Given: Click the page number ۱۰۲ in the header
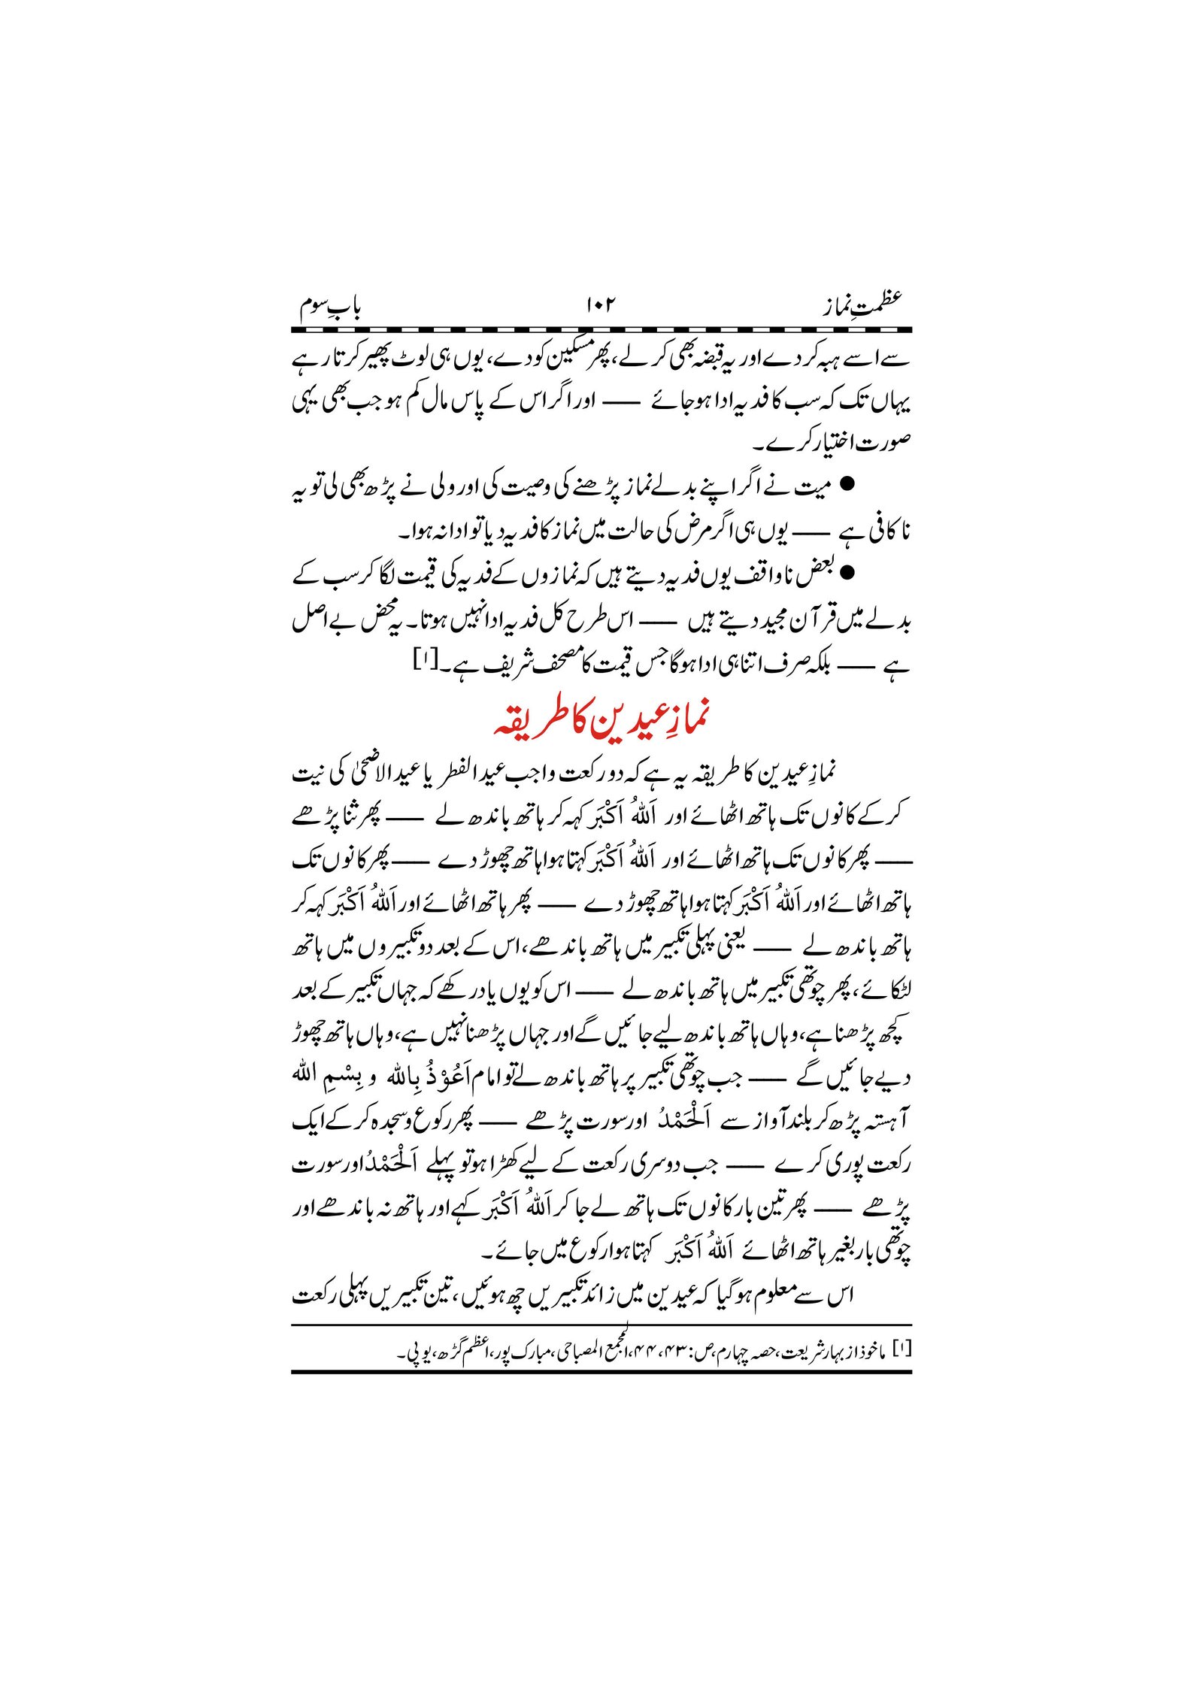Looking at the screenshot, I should click(599, 305).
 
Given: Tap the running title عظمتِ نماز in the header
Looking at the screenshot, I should click(861, 304).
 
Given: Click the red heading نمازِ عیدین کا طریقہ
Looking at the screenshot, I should click(601, 719).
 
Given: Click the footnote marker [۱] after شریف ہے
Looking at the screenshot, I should click(423, 662).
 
